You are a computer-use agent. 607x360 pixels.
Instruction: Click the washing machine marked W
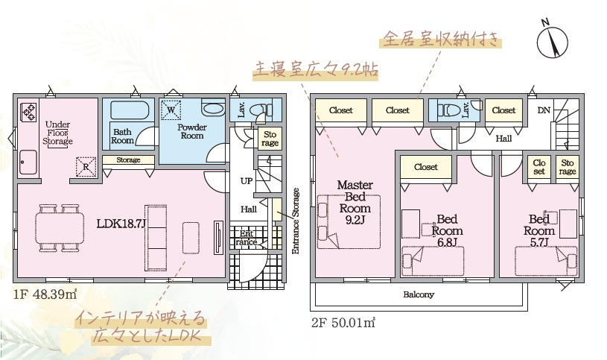point(171,110)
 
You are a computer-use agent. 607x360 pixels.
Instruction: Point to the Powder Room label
point(191,132)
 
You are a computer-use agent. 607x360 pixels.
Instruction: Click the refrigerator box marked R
point(86,166)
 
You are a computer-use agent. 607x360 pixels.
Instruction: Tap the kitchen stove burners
point(30,111)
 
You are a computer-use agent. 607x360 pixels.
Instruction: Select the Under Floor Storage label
point(58,133)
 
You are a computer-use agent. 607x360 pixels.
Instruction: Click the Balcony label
point(419,294)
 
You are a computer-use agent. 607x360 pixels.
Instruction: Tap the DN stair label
point(545,110)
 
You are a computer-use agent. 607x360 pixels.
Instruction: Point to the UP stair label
point(246,181)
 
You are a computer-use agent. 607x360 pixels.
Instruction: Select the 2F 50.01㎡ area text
point(343,323)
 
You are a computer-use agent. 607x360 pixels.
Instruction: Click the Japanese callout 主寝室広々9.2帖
point(316,69)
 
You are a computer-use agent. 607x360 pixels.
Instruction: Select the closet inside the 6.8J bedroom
point(426,168)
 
